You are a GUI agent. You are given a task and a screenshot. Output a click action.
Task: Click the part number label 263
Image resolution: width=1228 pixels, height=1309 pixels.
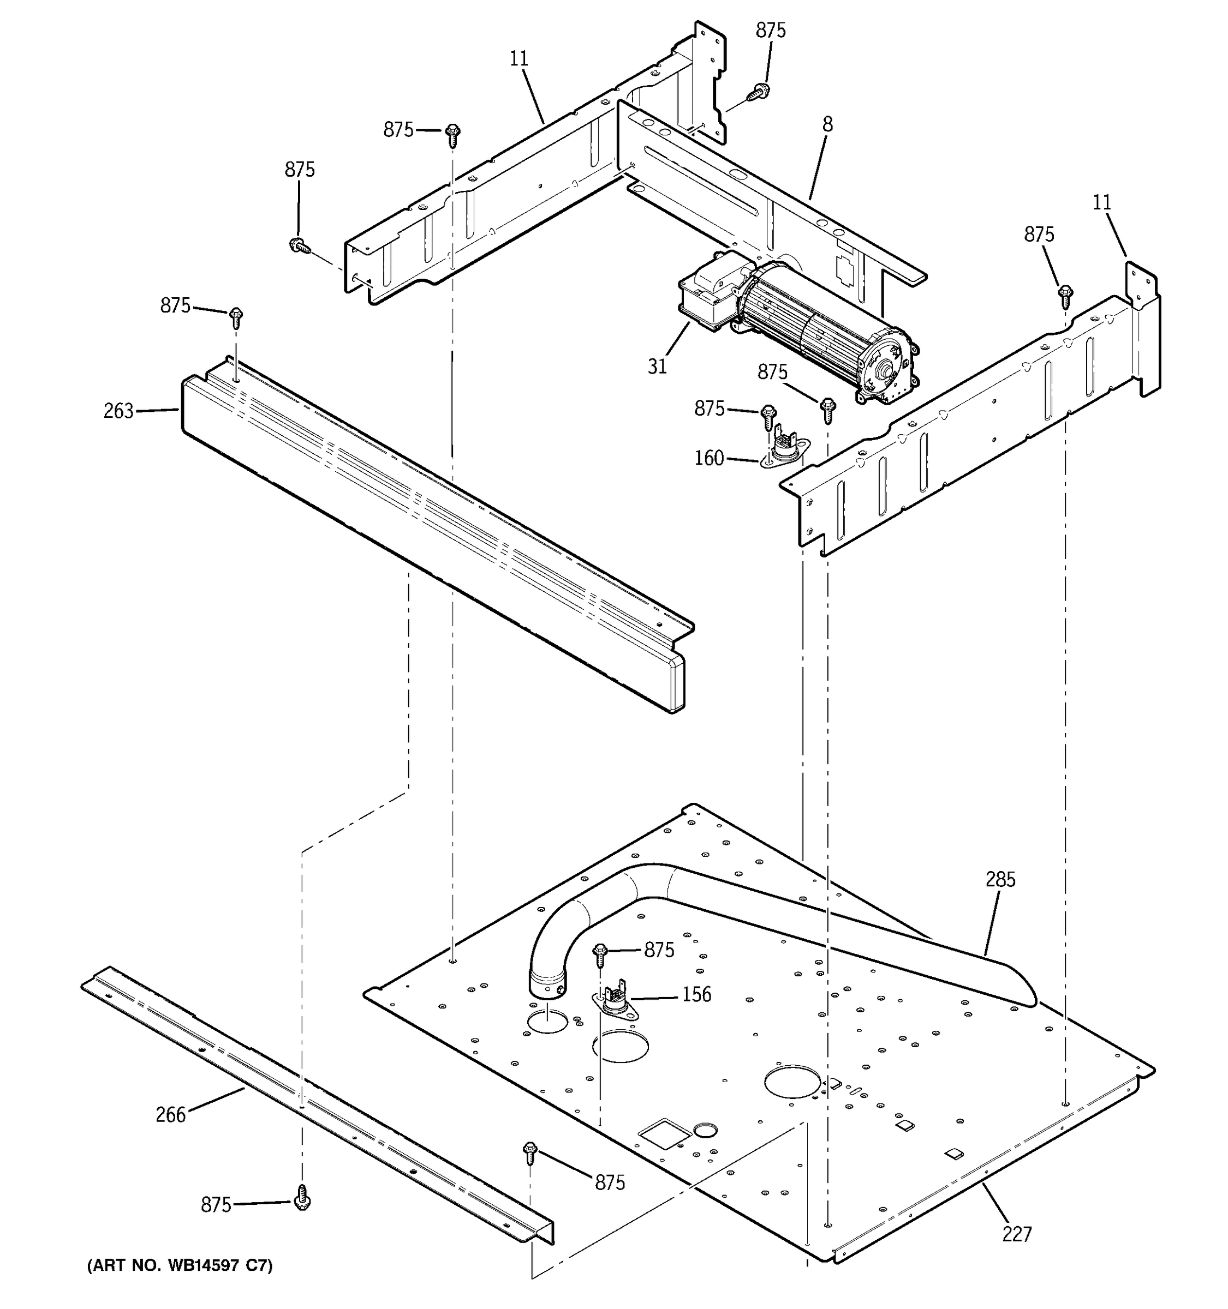coord(118,411)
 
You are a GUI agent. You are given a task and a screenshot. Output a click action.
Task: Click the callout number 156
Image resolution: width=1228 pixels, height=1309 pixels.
coord(696,994)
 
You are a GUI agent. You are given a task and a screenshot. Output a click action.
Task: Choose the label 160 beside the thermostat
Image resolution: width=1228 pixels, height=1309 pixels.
coord(709,458)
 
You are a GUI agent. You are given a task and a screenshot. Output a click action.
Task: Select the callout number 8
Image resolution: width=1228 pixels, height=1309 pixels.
coord(827,124)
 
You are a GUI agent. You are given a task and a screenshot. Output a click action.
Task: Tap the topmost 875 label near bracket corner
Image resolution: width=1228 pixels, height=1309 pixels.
coord(770,31)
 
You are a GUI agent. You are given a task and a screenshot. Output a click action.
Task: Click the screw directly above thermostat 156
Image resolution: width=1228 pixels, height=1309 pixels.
coord(599,953)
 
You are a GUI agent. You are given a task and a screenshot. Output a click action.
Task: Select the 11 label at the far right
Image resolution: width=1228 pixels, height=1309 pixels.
coord(1101,202)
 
